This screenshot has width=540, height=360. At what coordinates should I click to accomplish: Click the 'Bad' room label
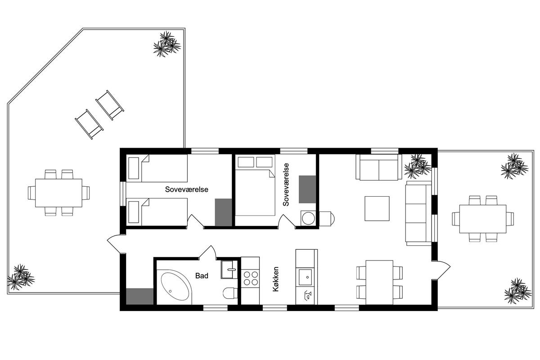click(202, 275)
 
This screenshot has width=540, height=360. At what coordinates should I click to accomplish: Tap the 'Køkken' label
click(276, 279)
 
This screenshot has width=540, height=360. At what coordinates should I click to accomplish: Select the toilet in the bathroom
click(230, 293)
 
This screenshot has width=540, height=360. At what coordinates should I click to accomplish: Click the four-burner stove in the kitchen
click(250, 279)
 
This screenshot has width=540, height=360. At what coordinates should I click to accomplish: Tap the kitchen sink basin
click(306, 277)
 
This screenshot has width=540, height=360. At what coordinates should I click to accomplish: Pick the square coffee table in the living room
click(377, 208)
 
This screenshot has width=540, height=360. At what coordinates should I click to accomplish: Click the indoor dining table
click(379, 282)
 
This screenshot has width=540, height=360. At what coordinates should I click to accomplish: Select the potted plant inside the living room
click(418, 166)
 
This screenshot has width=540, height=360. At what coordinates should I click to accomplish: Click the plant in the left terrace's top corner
click(167, 44)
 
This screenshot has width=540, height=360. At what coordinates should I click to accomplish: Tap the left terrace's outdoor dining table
click(58, 193)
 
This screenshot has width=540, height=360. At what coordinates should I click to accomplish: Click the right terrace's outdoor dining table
click(482, 219)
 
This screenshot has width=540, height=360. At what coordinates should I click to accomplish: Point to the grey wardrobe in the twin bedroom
click(223, 212)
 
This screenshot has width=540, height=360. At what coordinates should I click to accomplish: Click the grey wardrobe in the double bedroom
click(307, 189)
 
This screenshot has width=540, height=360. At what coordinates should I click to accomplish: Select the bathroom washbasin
click(229, 270)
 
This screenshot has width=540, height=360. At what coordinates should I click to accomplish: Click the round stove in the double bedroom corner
click(308, 218)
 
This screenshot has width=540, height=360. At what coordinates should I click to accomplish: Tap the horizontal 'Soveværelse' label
click(187, 189)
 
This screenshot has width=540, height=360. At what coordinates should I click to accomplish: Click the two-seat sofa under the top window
click(379, 167)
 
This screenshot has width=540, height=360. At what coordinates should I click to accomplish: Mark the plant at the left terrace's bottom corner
click(21, 277)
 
